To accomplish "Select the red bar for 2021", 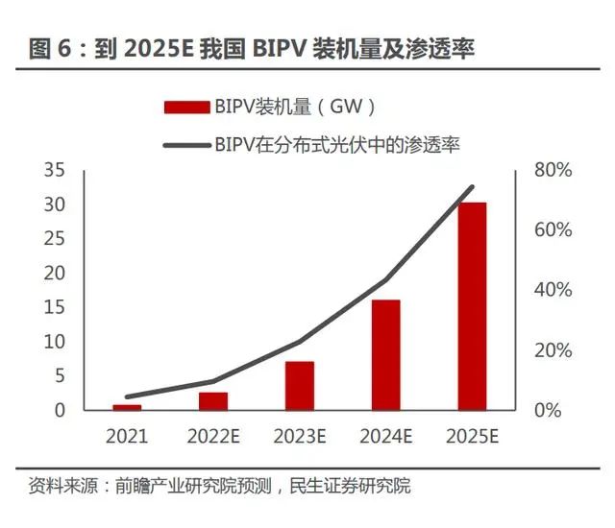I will click(127, 407).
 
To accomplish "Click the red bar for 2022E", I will click(213, 400).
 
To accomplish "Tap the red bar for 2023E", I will click(300, 385).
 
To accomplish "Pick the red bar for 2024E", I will click(385, 354).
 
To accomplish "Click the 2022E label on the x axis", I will click(213, 437).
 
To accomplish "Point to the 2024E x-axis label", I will click(386, 437).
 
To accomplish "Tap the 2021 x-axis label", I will click(127, 437).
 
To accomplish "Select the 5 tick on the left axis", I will click(59, 375).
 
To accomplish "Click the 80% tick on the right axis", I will click(553, 170).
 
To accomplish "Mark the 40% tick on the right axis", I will click(553, 290).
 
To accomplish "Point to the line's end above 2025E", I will click(472, 187).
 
